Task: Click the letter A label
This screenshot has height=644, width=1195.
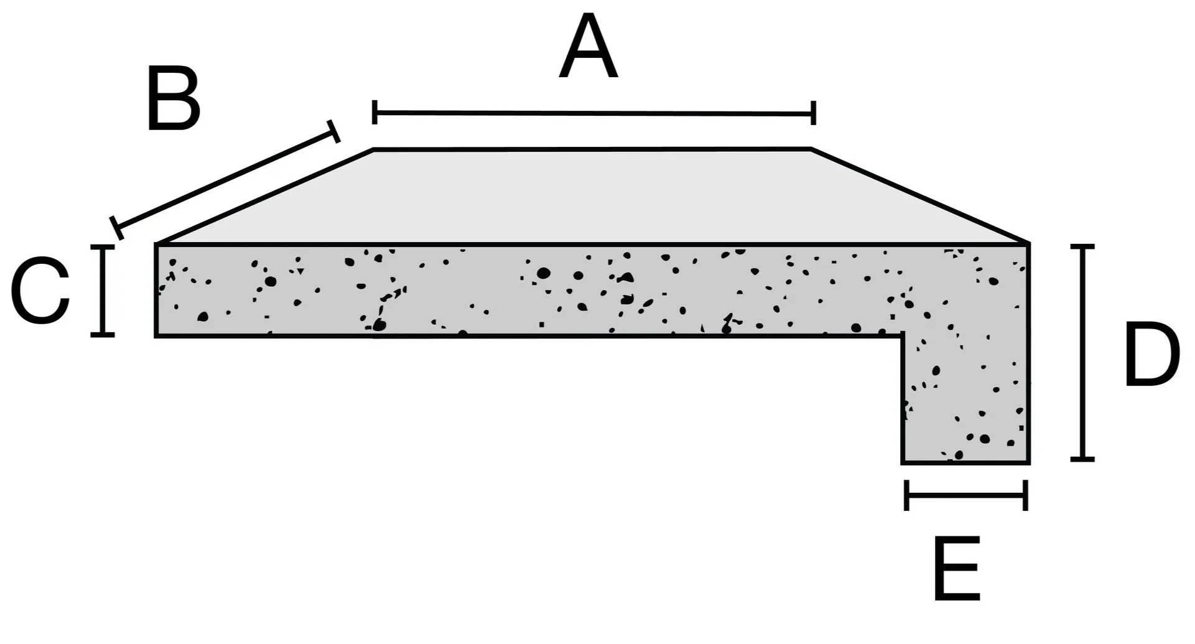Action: tap(588, 49)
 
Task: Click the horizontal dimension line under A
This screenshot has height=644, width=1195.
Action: tap(594, 113)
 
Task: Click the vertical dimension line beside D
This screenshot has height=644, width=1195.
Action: tap(1083, 353)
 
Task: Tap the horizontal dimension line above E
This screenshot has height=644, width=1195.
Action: tap(966, 495)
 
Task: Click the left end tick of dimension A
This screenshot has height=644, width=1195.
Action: tap(374, 112)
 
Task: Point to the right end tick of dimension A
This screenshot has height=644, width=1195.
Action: tap(813, 113)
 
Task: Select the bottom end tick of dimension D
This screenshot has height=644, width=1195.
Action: tap(1083, 459)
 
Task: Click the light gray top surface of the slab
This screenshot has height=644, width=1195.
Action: tap(591, 196)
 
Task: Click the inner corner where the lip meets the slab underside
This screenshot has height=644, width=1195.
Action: tap(902, 336)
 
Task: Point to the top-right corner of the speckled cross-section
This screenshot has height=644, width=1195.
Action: tap(1028, 244)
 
